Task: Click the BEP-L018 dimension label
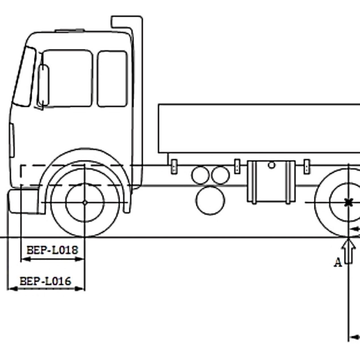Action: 52,250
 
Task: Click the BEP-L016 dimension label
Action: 45,281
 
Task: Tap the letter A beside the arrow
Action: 338,263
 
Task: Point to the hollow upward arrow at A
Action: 349,251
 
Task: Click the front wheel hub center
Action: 85,202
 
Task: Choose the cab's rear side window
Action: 112,79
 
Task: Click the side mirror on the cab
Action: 43,85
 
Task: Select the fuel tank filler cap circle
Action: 271,165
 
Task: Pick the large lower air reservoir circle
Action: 210,201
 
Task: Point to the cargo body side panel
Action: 258,129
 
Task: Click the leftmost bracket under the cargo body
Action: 174,167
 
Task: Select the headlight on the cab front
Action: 12,140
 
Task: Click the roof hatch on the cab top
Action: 70,30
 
